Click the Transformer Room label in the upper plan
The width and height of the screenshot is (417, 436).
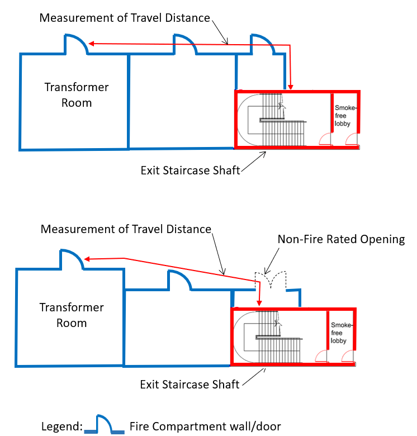77,95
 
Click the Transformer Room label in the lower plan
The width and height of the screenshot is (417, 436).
72,315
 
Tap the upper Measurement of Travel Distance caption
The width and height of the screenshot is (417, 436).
125,18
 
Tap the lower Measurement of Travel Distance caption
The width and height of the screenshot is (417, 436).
126,229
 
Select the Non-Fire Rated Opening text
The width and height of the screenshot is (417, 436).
342,239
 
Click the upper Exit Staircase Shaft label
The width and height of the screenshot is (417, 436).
190,170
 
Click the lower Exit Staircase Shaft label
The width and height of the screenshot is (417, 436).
189,384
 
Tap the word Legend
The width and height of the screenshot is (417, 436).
61,426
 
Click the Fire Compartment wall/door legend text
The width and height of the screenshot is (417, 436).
205,426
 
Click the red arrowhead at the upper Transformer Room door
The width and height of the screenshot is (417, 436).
91,44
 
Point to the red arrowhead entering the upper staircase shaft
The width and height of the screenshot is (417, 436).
291,87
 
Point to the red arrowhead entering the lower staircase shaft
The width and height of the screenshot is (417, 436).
259,303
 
